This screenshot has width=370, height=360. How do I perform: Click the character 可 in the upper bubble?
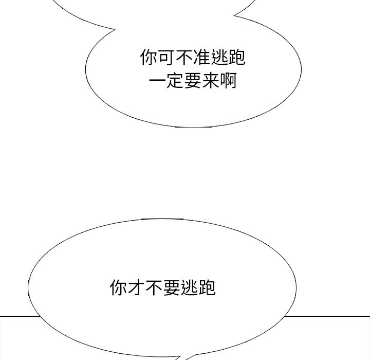167,58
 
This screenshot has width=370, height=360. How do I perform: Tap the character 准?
202,58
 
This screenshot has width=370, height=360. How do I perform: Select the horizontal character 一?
157,81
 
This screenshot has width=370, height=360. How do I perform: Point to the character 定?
175,81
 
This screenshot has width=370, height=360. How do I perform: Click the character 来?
211,81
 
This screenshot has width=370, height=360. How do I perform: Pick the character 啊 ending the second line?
228,81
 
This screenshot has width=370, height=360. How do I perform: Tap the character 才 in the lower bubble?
136,287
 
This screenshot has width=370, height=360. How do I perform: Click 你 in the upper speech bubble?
149,58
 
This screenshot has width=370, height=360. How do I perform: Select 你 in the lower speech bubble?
119,287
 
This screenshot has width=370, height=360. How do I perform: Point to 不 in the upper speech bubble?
184,58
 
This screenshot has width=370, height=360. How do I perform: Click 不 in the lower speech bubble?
154,287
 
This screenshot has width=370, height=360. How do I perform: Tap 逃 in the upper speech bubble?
219,58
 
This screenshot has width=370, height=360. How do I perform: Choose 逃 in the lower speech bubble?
189,287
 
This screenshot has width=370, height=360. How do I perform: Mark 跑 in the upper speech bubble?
237,58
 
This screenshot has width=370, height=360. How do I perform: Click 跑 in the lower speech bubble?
207,287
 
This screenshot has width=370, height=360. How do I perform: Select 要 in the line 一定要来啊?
193,81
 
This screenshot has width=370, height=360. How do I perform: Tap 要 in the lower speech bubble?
172,287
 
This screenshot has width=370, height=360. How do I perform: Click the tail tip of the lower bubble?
186,359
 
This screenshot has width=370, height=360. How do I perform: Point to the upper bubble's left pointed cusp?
115,29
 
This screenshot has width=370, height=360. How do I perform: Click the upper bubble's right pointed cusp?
234,16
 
